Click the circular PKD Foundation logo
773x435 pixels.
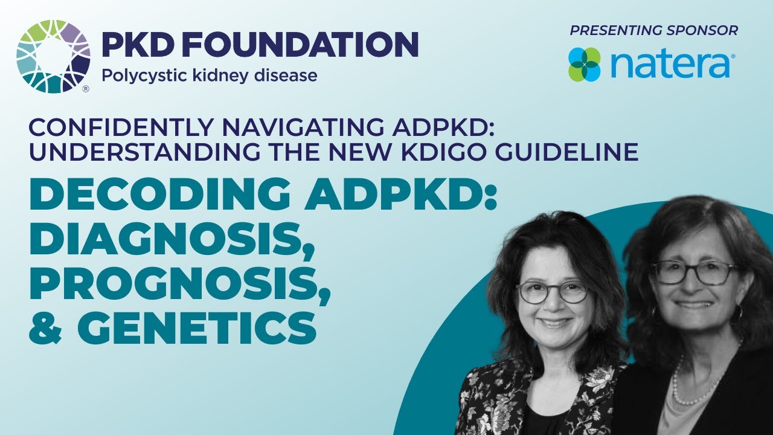pyautogui.click(x=53, y=57)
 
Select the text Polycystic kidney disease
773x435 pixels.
pyautogui.click(x=209, y=76)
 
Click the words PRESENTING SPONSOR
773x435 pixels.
pyautogui.click(x=654, y=30)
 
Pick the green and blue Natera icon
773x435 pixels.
pyautogui.click(x=585, y=65)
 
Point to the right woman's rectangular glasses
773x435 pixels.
pyautogui.click(x=694, y=272)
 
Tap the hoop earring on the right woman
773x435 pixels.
pyautogui.click(x=737, y=312)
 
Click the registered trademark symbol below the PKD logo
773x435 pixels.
pyautogui.click(x=85, y=89)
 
